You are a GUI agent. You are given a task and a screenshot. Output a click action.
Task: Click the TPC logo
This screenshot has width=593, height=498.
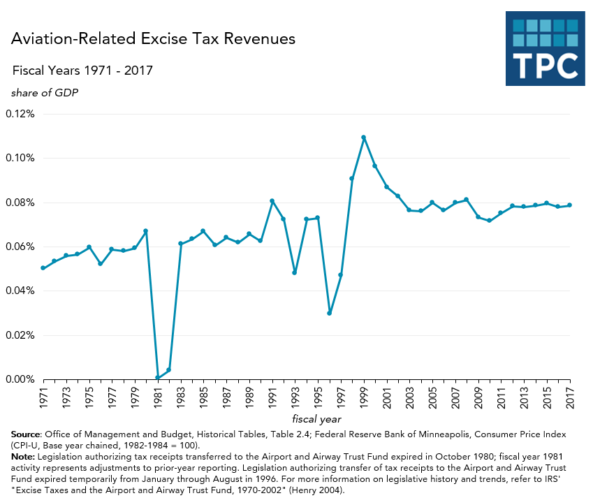coord(545,48)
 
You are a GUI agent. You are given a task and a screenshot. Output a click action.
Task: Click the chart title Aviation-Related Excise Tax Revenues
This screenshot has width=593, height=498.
coord(153,39)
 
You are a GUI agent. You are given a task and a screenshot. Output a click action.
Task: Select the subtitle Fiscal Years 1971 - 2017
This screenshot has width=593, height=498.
coord(82,71)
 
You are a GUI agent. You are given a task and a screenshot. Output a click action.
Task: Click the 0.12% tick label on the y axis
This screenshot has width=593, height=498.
coord(20,114)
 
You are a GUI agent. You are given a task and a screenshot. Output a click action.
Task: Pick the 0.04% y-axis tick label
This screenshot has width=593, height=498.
coord(20,291)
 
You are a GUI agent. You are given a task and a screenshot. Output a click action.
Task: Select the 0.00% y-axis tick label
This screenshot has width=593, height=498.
coord(20,379)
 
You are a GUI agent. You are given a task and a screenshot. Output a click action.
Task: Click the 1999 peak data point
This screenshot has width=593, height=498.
coord(364,138)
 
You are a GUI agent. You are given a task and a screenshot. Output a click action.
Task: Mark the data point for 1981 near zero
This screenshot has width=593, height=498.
coord(157,378)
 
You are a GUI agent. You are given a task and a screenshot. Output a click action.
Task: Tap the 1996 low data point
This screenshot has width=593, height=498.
coord(330,313)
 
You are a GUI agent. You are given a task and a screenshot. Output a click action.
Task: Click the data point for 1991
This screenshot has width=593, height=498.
coord(272,201)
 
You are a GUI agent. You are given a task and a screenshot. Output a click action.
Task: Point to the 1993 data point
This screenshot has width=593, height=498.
coord(295,272)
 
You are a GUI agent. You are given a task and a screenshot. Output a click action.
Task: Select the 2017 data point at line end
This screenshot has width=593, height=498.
coord(570,205)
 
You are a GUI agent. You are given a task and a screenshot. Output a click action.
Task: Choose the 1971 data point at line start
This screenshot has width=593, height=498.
coord(43,268)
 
